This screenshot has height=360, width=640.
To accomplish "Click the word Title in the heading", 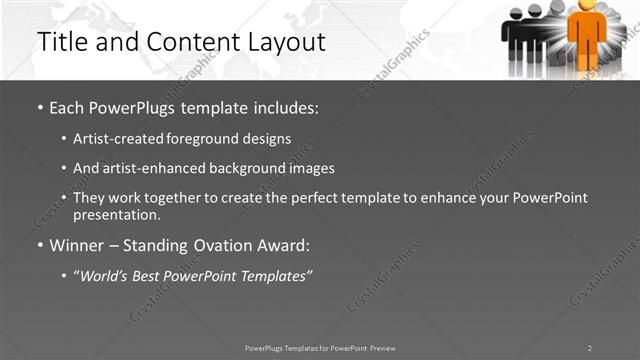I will tap(63, 42).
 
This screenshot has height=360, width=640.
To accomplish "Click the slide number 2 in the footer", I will tap(590, 348).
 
